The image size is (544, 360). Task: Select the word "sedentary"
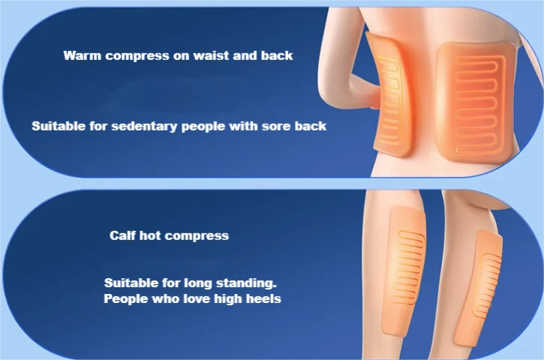coord(144,126)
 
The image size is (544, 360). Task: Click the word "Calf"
coord(122,235)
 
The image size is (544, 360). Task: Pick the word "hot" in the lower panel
coord(150,235)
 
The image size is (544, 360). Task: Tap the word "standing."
coord(246,283)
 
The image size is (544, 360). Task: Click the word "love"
coord(196,298)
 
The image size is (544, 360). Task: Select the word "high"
coord(227,299)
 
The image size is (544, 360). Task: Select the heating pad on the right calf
coord(479,289)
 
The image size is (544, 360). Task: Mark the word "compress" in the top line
coord(137,55)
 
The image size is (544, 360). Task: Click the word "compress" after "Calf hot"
coord(197,236)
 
